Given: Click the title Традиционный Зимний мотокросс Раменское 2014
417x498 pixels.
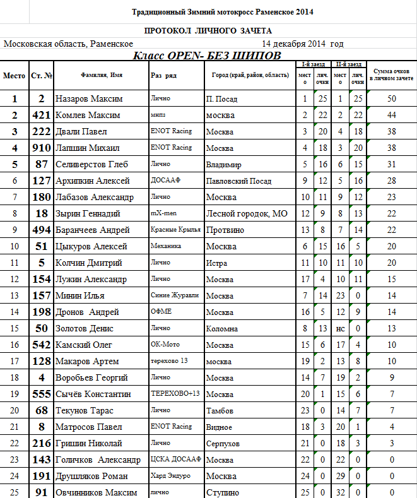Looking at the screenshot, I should tap(222, 12).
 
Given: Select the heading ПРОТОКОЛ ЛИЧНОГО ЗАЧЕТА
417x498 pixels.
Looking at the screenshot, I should tap(208, 31).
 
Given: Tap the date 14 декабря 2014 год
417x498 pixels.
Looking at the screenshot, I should tap(303, 44).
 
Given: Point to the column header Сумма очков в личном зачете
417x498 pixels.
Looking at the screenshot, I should tap(391, 75).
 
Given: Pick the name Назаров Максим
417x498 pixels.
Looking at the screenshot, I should tap(89, 99).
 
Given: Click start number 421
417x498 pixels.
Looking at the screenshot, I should tap(42, 116).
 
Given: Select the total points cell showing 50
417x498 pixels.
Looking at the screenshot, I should tap(391, 99).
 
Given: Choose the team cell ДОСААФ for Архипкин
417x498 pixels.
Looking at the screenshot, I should tap(167, 181).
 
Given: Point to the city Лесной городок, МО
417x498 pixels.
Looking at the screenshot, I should tap(247, 214).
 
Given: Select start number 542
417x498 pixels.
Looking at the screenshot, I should tap(42, 345).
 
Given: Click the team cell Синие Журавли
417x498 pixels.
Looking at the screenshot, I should tap(167, 296).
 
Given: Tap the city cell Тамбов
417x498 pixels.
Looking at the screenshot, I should tap(220, 411).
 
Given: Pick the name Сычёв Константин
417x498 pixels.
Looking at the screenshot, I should tap(93, 394).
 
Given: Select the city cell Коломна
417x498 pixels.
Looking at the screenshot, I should tap(222, 329).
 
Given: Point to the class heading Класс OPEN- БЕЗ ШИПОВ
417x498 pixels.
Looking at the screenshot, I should tap(207, 56).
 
